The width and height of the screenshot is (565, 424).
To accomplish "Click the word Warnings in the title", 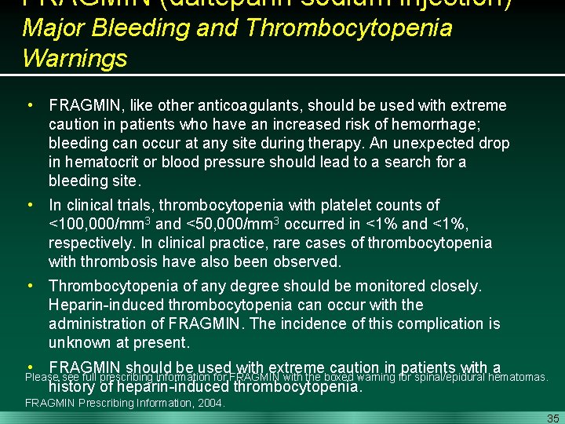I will (75, 58).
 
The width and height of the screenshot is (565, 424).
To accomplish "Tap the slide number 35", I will (553, 418).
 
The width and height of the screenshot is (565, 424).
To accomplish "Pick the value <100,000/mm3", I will (99, 224).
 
